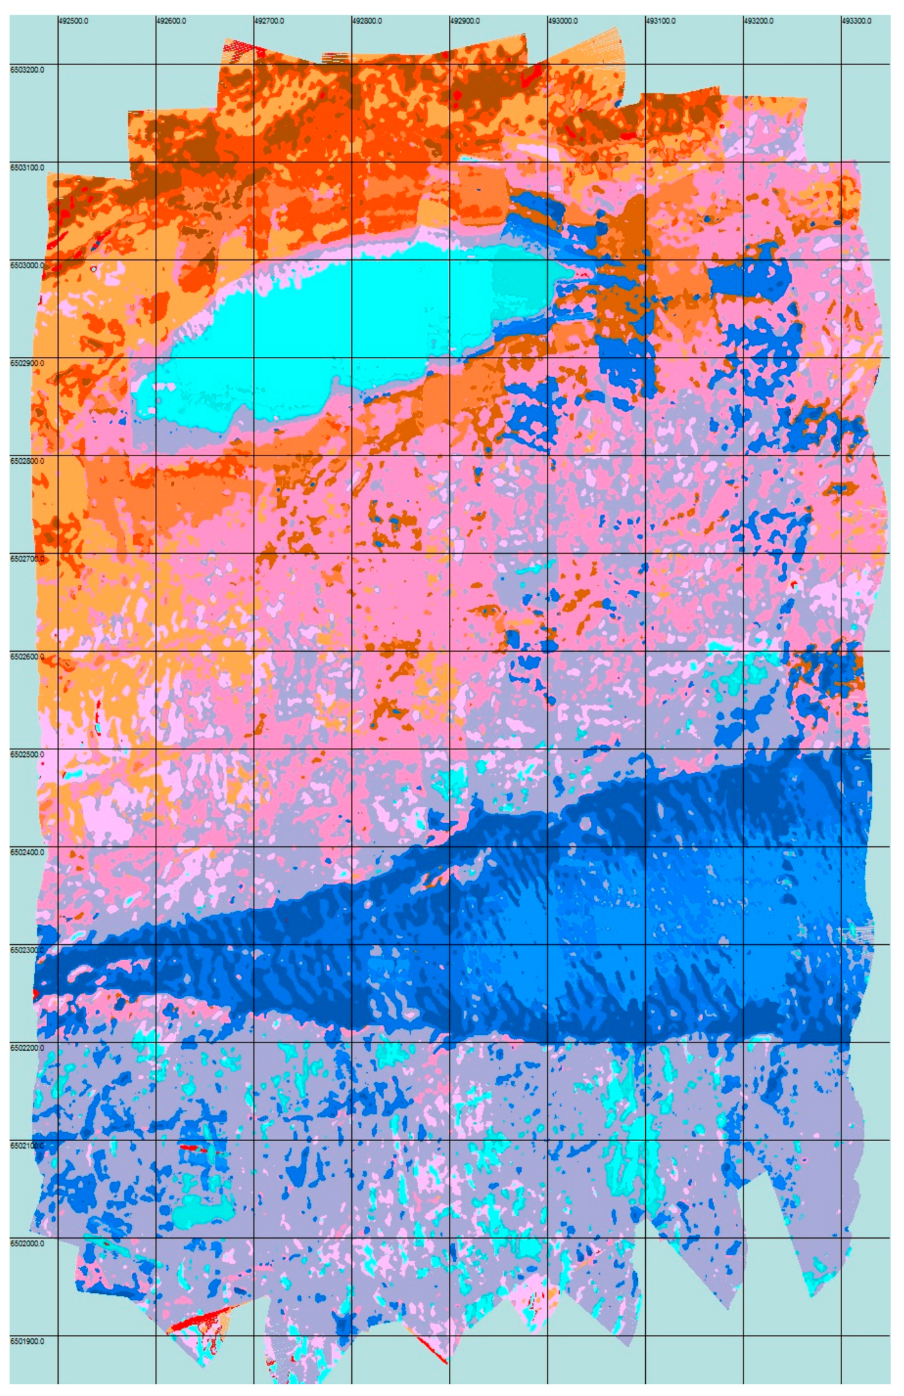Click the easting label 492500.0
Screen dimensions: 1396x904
[73, 21]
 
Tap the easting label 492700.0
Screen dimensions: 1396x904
[269, 21]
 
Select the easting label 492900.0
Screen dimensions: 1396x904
[465, 21]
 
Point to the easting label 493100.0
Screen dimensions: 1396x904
[660, 21]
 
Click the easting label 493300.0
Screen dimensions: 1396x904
[856, 21]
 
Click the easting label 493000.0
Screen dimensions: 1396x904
[563, 21]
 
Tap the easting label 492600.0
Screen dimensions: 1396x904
[171, 21]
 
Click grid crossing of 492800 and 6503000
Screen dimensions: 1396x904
[352, 260]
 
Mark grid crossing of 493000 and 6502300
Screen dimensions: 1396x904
[548, 944]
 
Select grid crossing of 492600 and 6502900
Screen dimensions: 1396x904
[156, 357]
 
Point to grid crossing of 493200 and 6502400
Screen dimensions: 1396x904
[743, 847]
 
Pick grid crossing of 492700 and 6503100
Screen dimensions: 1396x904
[254, 162]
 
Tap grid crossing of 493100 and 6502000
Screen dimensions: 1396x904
[645, 1238]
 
